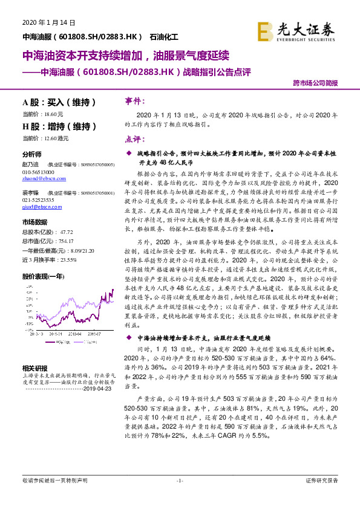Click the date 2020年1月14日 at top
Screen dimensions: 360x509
pyautogui.click(x=48, y=22)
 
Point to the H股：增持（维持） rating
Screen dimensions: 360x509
pyautogui.click(x=56, y=126)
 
